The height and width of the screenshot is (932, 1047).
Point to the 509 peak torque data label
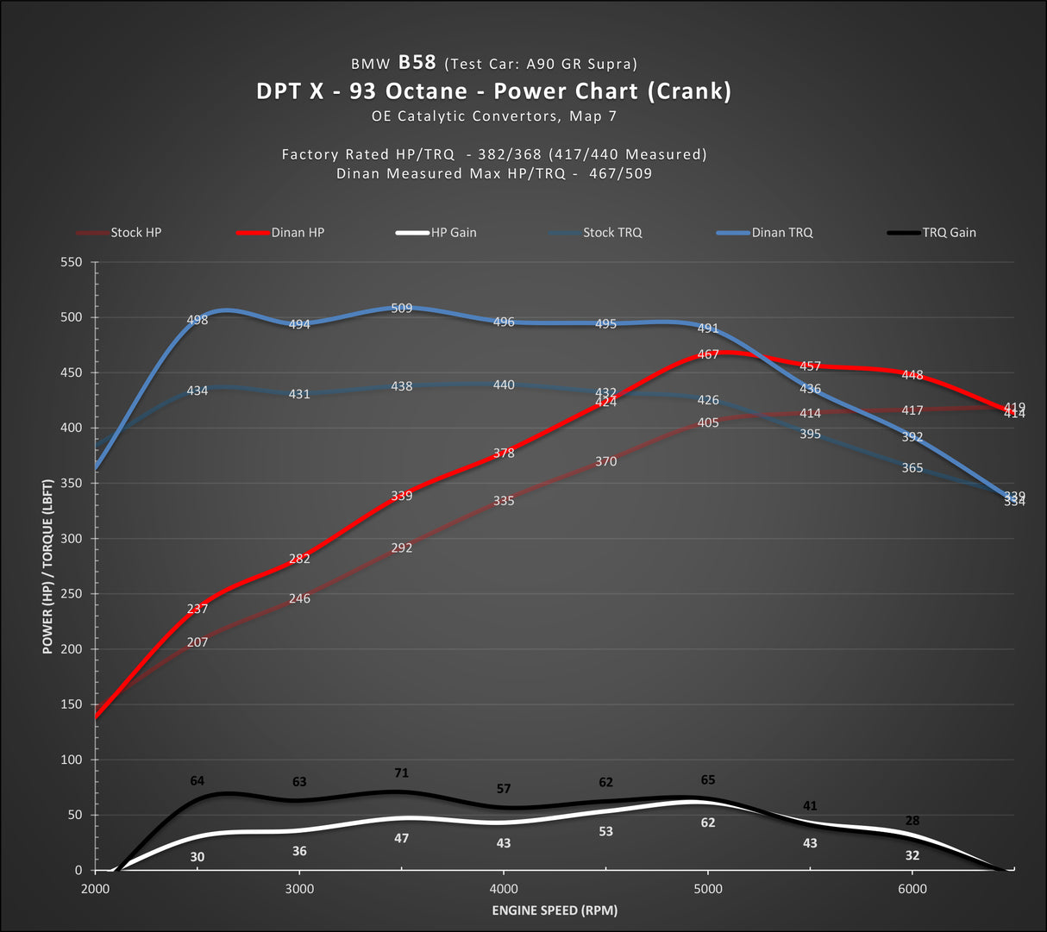click(402, 308)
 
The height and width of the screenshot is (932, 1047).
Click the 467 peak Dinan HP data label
click(708, 354)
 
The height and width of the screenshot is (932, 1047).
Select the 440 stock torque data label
click(504, 385)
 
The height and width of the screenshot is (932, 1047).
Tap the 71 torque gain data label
click(401, 773)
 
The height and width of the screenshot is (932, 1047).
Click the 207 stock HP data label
click(197, 642)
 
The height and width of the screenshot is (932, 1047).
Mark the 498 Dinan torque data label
click(197, 321)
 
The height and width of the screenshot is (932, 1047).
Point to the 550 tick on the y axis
click(72, 262)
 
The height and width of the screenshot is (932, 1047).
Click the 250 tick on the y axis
click(72, 594)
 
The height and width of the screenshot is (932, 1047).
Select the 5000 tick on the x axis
click(708, 889)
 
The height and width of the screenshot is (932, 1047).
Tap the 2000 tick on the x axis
click(95, 889)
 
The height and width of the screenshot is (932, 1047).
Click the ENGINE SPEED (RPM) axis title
click(555, 910)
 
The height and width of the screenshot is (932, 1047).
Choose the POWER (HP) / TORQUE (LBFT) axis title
click(47, 566)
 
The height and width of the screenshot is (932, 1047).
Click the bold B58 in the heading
click(417, 62)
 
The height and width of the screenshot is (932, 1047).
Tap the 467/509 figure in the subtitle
click(620, 173)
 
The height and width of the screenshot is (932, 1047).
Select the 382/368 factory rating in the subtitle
click(510, 154)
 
